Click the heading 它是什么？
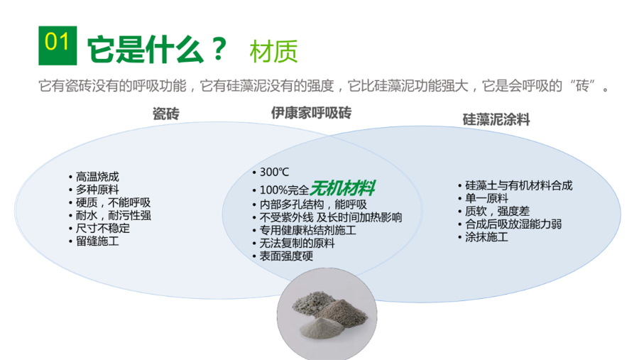(157, 49)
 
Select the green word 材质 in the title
(273, 50)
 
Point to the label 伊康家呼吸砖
(311, 113)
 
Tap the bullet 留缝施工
(98, 241)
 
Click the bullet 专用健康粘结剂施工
(307, 230)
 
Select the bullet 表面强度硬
(286, 256)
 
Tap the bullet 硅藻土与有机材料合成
(518, 185)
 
